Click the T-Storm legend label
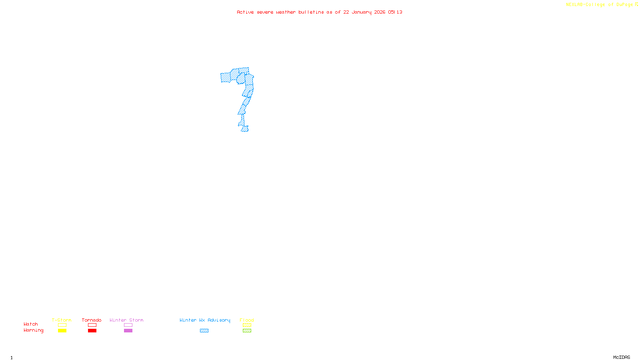tap(62, 320)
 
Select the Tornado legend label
tap(92, 320)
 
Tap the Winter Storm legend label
tap(126, 320)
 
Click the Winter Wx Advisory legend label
tap(205, 320)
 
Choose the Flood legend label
tap(247, 320)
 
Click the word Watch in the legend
tap(31, 324)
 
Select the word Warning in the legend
tap(33, 330)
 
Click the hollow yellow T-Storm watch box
tap(62, 325)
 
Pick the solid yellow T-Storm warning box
tap(62, 331)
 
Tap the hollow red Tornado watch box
tap(92, 325)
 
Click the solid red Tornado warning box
tap(92, 331)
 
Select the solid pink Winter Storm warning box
tap(128, 331)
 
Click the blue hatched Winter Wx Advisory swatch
tap(204, 331)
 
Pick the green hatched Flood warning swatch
tap(247, 331)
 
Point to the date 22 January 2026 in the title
tap(364, 12)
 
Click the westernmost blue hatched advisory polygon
tap(226, 78)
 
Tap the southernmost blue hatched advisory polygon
tap(245, 129)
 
